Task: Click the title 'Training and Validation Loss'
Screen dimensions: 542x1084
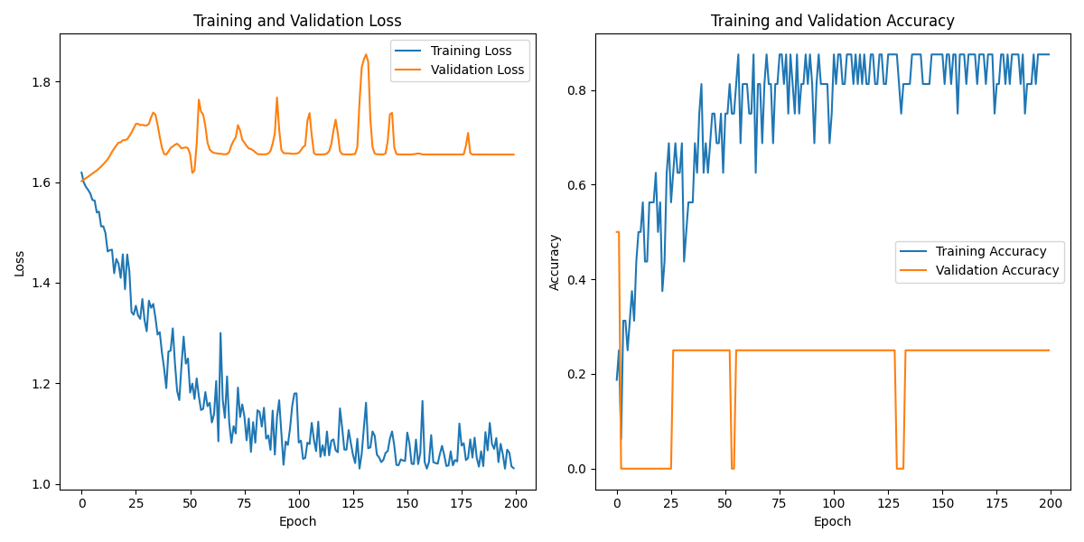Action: [x=297, y=21]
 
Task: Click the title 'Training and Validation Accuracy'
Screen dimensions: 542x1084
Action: [x=832, y=21]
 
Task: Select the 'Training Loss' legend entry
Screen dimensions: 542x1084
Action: [x=471, y=51]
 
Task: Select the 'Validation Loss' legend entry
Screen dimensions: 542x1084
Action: [x=477, y=70]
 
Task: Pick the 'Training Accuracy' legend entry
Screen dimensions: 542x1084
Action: [x=991, y=251]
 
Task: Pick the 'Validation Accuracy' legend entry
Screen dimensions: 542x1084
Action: [x=997, y=270]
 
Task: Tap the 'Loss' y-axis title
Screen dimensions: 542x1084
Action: [x=20, y=263]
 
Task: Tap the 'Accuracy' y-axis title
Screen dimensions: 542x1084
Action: [x=555, y=262]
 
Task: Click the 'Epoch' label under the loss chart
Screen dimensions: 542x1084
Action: [x=297, y=521]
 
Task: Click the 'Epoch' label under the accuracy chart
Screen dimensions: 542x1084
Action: [x=832, y=521]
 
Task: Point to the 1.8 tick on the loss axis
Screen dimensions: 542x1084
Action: [x=42, y=82]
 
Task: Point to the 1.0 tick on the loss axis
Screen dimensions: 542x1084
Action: [x=42, y=484]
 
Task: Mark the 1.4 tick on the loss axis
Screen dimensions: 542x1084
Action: [x=42, y=284]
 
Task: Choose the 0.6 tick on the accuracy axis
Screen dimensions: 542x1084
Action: [x=577, y=185]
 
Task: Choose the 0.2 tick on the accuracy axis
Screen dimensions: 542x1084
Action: [x=577, y=374]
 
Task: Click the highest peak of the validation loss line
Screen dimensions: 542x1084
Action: [x=366, y=54]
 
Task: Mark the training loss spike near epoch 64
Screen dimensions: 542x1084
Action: [x=220, y=333]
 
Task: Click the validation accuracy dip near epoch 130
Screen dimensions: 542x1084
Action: [x=900, y=468]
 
